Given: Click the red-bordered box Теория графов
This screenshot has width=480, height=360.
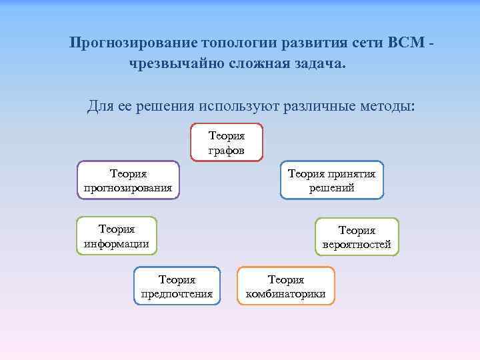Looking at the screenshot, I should point(227,143).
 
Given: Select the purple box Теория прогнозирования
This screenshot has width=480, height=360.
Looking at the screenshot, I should point(128,181).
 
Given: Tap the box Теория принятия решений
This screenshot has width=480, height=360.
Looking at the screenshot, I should point(331,181).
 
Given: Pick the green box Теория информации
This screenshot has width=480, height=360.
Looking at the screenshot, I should point(117,236).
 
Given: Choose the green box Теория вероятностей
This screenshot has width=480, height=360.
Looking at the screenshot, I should point(357,237).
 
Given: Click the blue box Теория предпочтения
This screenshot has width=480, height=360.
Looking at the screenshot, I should point(177,286).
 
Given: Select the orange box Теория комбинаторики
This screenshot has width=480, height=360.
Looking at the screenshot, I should point(286,286).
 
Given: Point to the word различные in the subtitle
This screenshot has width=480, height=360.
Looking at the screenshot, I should point(319,105).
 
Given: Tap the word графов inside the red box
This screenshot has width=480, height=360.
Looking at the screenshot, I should point(227,150).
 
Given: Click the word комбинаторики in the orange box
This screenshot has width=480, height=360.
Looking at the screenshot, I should point(286,293).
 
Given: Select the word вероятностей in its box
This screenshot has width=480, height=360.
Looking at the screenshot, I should point(357,245).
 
